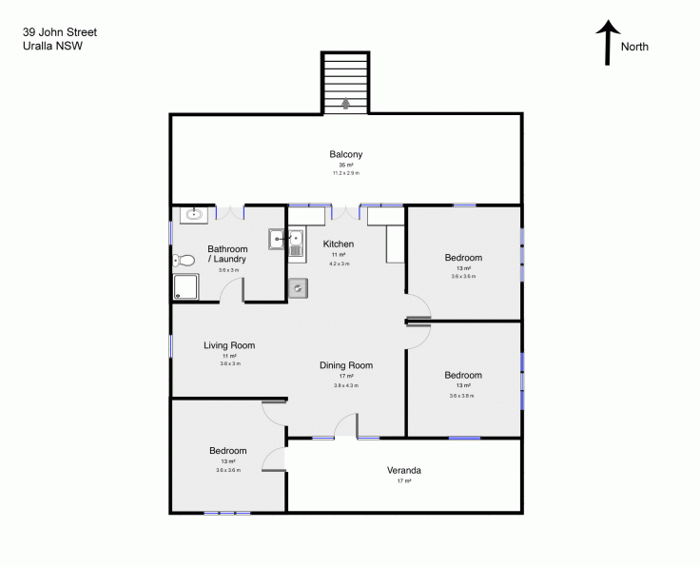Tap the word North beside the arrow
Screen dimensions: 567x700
[x=634, y=47]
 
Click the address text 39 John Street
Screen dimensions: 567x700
[x=59, y=31]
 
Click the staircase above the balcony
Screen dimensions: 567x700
[x=345, y=81]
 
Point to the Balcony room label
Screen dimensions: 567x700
[x=345, y=154]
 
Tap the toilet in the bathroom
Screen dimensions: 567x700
[x=184, y=260]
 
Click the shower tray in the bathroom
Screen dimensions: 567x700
[x=186, y=287]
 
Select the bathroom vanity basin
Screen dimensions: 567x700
[x=194, y=215]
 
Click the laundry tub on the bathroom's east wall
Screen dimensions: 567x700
[x=276, y=239]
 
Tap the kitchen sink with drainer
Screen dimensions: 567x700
[x=296, y=244]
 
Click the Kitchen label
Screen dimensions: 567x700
[x=340, y=244]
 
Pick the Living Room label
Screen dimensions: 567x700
[x=229, y=345]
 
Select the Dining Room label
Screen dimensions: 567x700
[x=345, y=365]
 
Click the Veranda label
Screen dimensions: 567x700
[x=403, y=470]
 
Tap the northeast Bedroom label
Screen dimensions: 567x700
[x=463, y=258]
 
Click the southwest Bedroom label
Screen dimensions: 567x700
[x=228, y=451]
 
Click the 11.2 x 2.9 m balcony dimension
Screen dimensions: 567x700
[x=345, y=173]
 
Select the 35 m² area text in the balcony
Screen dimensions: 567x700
[x=345, y=166]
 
